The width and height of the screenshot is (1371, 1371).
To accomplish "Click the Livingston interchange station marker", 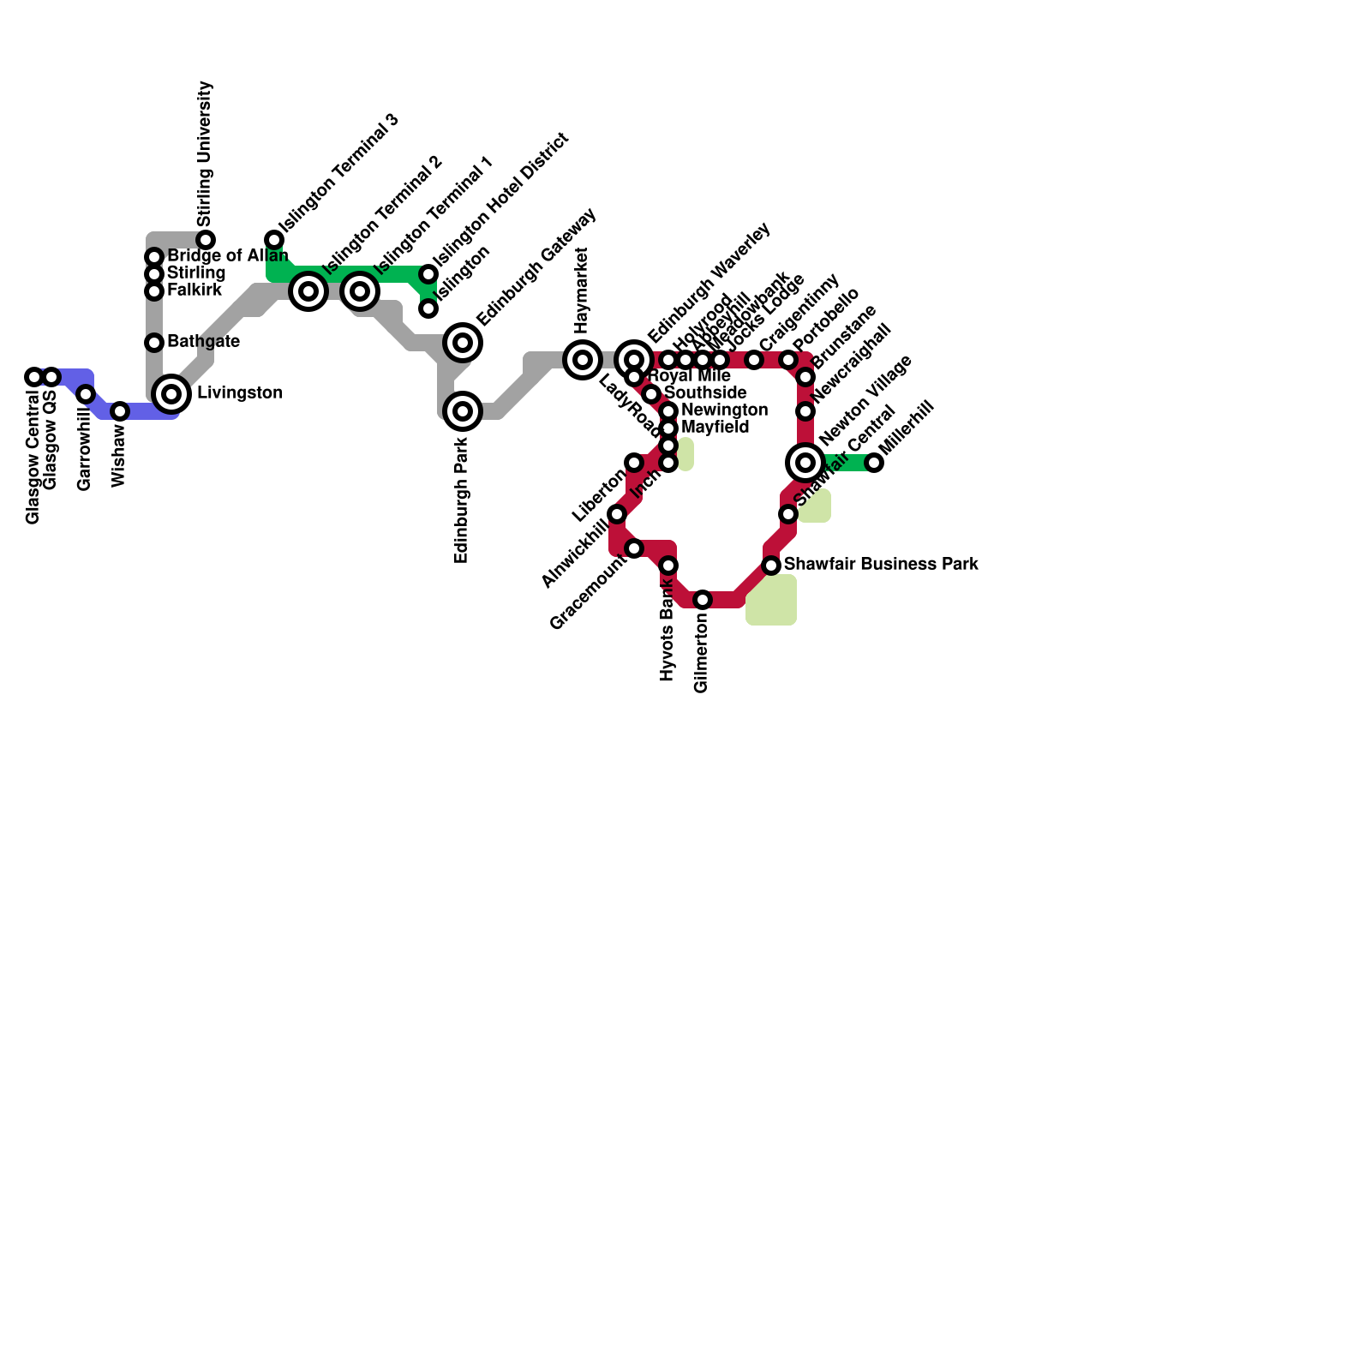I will tap(171, 394).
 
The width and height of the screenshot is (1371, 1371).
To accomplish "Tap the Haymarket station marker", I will tap(583, 360).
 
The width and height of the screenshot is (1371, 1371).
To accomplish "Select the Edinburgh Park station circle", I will tap(463, 411).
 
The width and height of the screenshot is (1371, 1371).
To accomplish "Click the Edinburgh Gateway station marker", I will tap(463, 343).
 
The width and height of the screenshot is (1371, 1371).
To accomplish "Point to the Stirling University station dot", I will tap(206, 240).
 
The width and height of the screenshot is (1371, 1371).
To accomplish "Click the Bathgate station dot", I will tap(154, 343).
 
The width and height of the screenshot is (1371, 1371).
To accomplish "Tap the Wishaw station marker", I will tap(120, 411).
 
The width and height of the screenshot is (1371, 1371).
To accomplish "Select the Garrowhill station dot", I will tap(86, 394).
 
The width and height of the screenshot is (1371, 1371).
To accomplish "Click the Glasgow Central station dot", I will tap(34, 377).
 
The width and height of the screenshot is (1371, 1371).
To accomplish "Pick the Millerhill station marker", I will tap(874, 463).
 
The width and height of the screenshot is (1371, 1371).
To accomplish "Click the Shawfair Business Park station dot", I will tap(771, 566).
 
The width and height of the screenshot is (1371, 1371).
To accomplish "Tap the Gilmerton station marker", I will tap(703, 600).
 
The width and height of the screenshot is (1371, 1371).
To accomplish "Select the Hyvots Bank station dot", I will tap(668, 566).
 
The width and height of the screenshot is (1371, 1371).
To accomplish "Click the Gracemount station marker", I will tap(634, 548).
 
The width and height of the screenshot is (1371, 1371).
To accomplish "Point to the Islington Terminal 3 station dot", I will tap(274, 240).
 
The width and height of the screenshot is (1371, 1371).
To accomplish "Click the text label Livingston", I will tap(240, 393).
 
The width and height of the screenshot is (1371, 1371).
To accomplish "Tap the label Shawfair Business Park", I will tap(881, 565).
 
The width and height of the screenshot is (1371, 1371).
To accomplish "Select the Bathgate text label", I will tap(203, 342).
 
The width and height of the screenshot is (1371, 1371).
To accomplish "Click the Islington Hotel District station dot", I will tap(428, 274).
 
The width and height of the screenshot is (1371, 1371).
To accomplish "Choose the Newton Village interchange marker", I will tap(805, 463).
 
